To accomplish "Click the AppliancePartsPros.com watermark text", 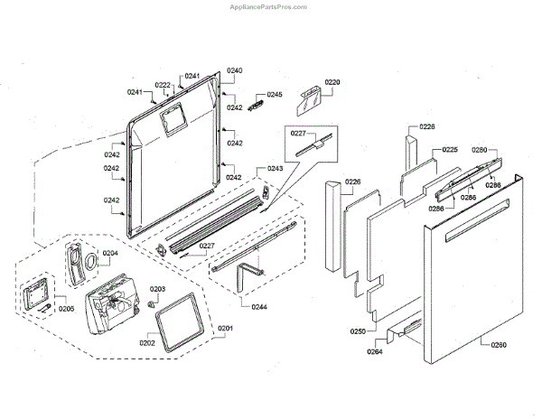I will tap(271, 5).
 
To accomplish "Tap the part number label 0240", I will tap(235, 70).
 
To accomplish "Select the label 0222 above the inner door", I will tap(163, 85).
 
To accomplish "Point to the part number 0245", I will tap(275, 95).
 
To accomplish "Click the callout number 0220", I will tap(332, 82).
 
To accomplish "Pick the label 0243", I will tap(275, 169).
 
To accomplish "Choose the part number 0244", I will tap(259, 308).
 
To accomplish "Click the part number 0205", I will tap(66, 308).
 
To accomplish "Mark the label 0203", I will tap(157, 289).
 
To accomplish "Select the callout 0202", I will tap(147, 344).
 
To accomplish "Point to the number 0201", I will tap(225, 327).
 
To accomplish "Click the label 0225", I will tap(450, 150).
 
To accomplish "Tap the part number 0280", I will tap(480, 150).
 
